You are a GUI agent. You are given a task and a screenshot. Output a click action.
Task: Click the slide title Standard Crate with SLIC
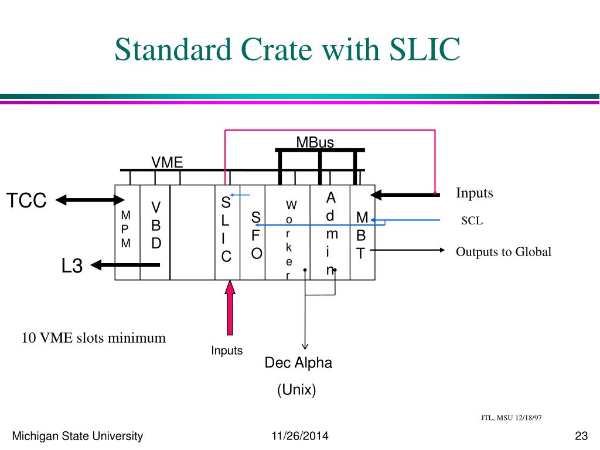pyautogui.click(x=287, y=49)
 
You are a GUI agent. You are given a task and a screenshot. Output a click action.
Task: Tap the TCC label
pyautogui.click(x=26, y=200)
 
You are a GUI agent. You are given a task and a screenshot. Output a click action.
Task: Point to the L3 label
pyautogui.click(x=73, y=266)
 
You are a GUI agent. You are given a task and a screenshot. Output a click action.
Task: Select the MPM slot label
pyautogui.click(x=126, y=229)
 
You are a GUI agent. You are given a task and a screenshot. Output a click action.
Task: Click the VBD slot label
pyautogui.click(x=156, y=225)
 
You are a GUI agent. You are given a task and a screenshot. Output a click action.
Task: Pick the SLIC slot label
pyautogui.click(x=226, y=230)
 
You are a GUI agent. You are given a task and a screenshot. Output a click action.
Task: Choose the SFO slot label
pyautogui.click(x=256, y=236)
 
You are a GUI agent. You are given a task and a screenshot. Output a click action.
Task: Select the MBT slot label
pyautogui.click(x=362, y=236)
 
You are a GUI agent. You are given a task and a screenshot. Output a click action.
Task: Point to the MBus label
pyautogui.click(x=315, y=142)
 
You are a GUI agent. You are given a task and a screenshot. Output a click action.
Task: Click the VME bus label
pyautogui.click(x=167, y=162)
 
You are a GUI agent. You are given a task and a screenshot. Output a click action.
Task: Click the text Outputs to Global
pyautogui.click(x=504, y=252)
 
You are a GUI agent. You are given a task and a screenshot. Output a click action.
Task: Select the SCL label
pyautogui.click(x=472, y=221)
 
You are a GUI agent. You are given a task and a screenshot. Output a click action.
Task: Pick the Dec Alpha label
pyautogui.click(x=298, y=363)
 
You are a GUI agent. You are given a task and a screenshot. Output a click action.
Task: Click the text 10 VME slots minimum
pyautogui.click(x=94, y=338)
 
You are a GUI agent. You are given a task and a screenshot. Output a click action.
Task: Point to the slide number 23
pyautogui.click(x=581, y=435)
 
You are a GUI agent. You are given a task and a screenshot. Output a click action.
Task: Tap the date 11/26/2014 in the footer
pyautogui.click(x=300, y=435)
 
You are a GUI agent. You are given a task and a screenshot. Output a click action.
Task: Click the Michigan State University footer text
pyautogui.click(x=78, y=435)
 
